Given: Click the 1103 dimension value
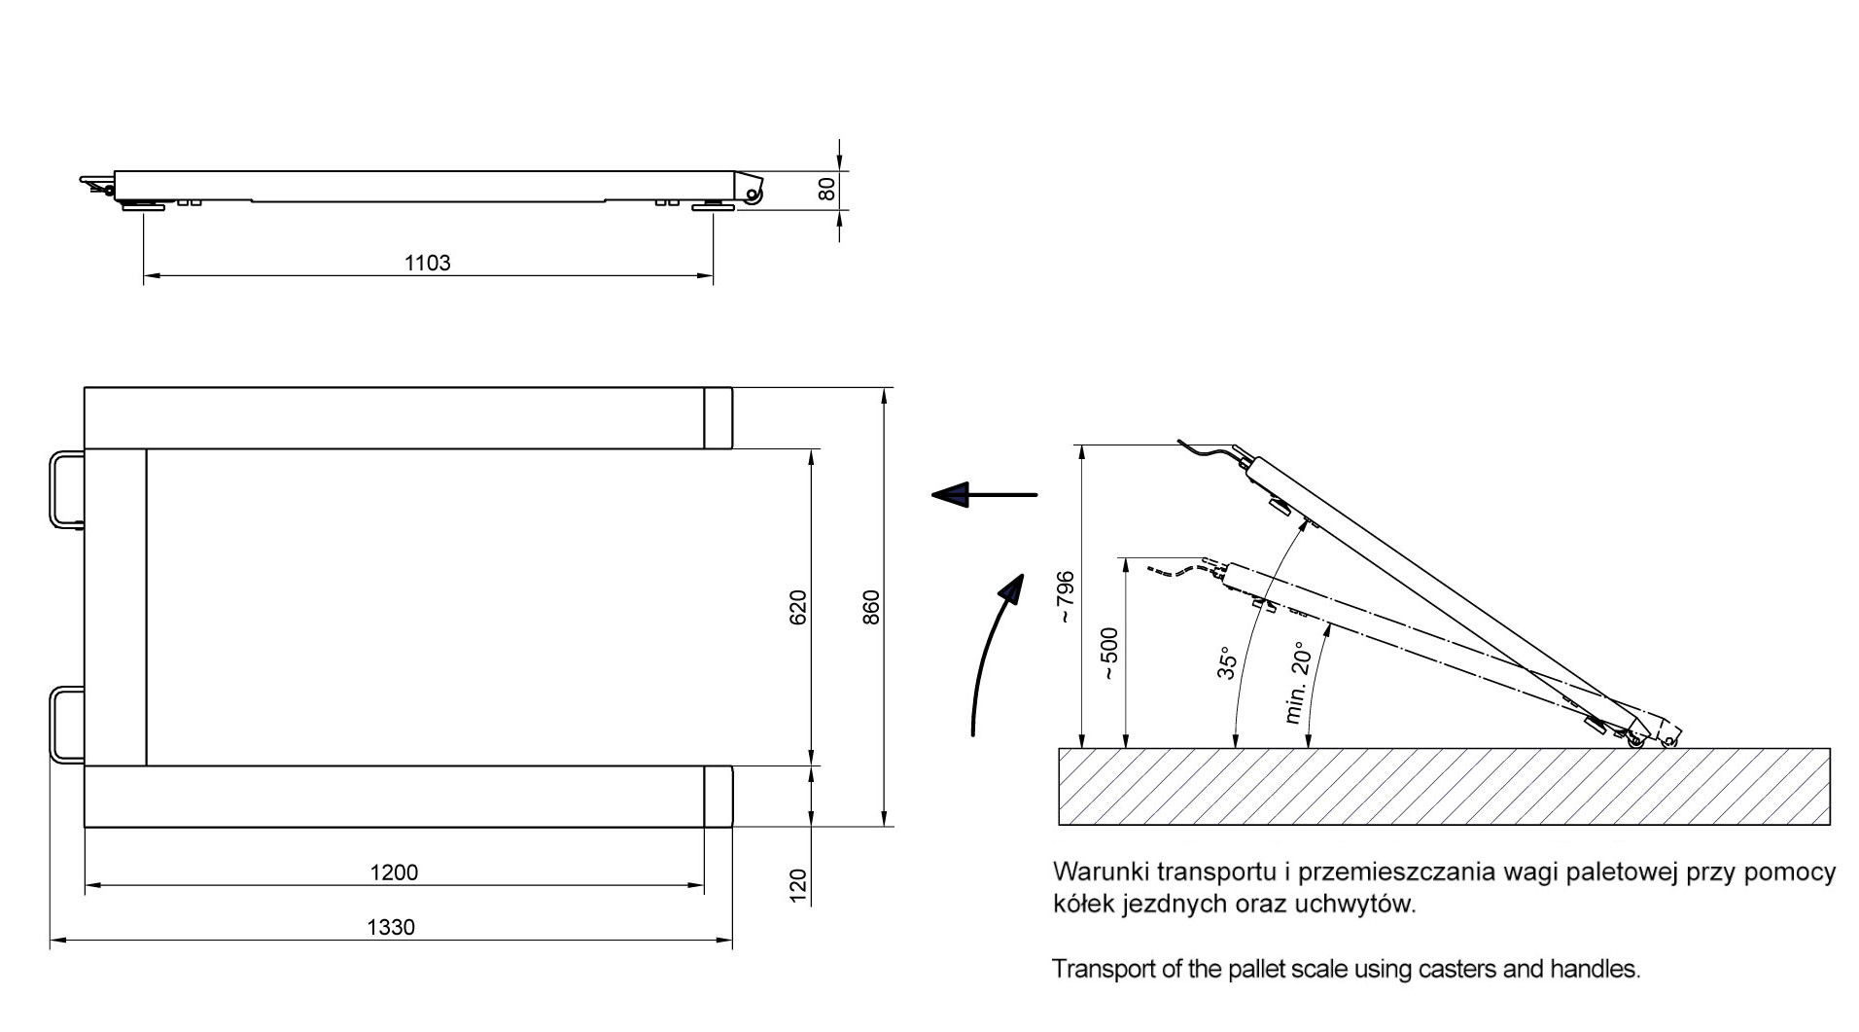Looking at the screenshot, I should click(x=427, y=263).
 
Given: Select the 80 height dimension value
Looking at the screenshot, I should click(x=826, y=189).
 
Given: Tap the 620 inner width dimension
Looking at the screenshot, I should click(x=798, y=607).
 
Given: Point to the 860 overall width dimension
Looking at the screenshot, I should click(x=871, y=607).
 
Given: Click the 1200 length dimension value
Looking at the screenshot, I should click(x=394, y=872).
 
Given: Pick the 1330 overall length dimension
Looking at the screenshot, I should click(x=391, y=927).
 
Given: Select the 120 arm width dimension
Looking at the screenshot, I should click(x=798, y=886).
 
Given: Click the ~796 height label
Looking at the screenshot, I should click(x=1066, y=595).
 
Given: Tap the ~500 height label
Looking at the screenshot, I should click(x=1109, y=653).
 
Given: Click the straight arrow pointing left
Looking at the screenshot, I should click(x=984, y=495).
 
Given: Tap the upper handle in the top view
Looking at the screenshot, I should click(x=67, y=489).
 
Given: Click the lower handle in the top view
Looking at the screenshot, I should click(x=65, y=725).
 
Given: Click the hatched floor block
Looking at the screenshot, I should click(x=1443, y=787).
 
